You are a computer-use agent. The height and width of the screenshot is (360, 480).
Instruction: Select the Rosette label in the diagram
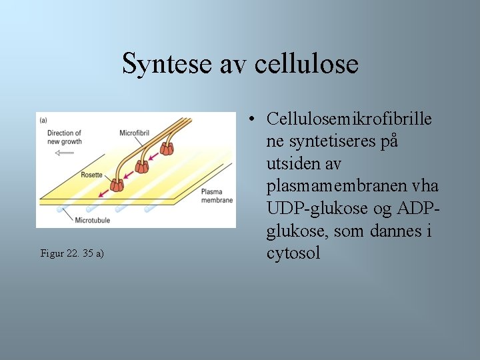[x=91, y=175]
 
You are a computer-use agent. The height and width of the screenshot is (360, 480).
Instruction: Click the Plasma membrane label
[x=217, y=196]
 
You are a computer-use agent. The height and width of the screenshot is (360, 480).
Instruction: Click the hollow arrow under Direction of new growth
[x=65, y=153]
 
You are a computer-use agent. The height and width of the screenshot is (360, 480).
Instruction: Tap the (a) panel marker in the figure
[x=43, y=120]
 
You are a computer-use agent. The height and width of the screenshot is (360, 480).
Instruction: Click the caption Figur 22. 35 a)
[x=72, y=253]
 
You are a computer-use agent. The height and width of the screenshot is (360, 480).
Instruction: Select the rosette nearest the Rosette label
[x=118, y=183]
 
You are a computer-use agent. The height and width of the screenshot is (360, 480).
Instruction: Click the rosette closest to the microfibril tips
[x=166, y=148]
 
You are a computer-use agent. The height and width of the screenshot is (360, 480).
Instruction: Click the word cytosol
[x=293, y=253]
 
